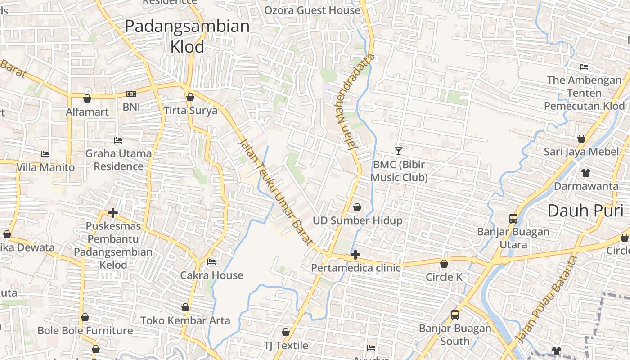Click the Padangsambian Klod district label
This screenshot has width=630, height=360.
(187, 36)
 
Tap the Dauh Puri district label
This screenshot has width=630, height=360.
(585, 211)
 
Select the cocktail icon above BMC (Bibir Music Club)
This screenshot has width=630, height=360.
(398, 151)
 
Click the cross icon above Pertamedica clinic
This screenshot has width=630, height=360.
(355, 255)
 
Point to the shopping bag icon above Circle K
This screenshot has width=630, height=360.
(444, 264)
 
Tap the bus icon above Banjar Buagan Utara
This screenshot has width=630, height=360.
(513, 219)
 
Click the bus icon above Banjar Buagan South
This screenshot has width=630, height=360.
(455, 315)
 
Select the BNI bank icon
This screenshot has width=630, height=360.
(131, 94)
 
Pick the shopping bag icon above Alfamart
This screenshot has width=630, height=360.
(87, 98)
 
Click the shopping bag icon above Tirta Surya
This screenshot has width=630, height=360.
(190, 97)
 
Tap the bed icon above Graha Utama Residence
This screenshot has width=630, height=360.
(118, 140)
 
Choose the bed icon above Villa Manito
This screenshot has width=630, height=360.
(45, 154)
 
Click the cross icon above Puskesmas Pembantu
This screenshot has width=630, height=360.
(113, 213)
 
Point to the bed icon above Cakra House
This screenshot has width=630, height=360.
(211, 262)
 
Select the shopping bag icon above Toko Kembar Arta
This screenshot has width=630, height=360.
(185, 307)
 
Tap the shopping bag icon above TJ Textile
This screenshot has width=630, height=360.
(286, 332)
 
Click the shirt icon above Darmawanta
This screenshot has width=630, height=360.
(585, 172)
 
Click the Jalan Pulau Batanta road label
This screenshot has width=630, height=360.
(546, 299)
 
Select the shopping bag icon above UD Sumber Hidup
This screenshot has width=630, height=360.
(357, 207)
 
